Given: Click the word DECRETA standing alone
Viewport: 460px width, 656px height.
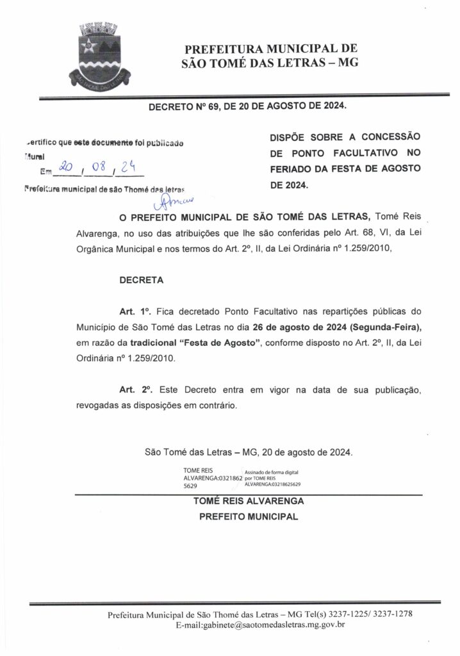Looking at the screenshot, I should pos(141,280).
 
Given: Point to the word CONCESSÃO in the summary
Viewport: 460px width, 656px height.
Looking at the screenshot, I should pos(388,137).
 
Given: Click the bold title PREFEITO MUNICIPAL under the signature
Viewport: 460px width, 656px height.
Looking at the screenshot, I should pos(249,516).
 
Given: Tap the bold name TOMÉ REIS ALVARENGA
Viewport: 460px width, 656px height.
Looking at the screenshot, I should pos(249,502).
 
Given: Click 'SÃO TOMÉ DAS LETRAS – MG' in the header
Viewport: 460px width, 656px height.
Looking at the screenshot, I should pos(270,63).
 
